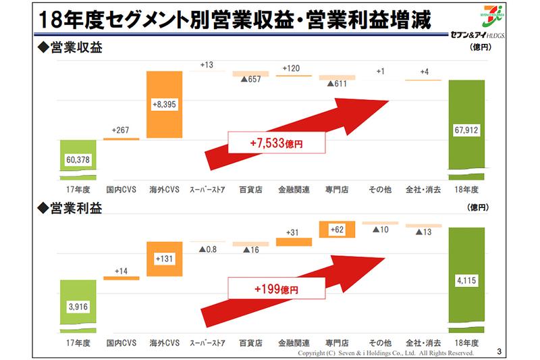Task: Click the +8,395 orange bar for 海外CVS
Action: [165, 105]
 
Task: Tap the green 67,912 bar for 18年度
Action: [467, 126]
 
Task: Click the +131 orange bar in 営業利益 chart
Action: [165, 259]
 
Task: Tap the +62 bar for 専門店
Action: [337, 230]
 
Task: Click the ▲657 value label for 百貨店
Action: [251, 80]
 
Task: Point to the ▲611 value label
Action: [337, 84]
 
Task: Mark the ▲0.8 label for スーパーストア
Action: [208, 249]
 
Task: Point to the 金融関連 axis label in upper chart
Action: [294, 190]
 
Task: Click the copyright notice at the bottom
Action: [385, 353]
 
